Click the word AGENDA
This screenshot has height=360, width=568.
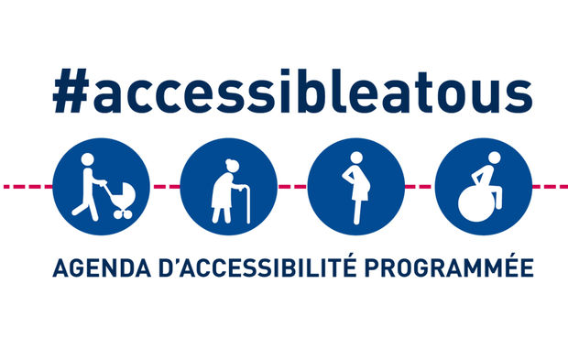point(102,268)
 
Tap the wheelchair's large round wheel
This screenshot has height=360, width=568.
point(476,205)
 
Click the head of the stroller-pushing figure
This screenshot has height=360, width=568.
point(88,159)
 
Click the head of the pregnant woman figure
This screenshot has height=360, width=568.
point(356,158)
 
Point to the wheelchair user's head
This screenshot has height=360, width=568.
point(495,158)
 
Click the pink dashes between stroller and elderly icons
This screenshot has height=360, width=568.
point(165,187)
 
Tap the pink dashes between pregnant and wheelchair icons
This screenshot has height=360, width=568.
point(420,187)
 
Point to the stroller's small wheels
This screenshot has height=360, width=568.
point(123,214)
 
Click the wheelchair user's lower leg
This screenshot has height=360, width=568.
point(498,198)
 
